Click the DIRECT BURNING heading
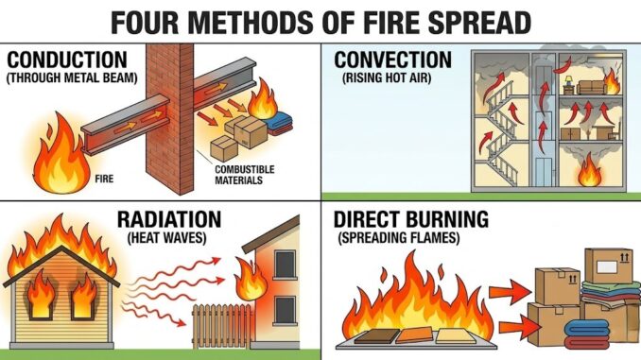[x=411, y=220]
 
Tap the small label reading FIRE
[x=105, y=176]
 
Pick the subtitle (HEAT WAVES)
[x=167, y=239]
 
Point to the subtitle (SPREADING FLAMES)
[x=396, y=240]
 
